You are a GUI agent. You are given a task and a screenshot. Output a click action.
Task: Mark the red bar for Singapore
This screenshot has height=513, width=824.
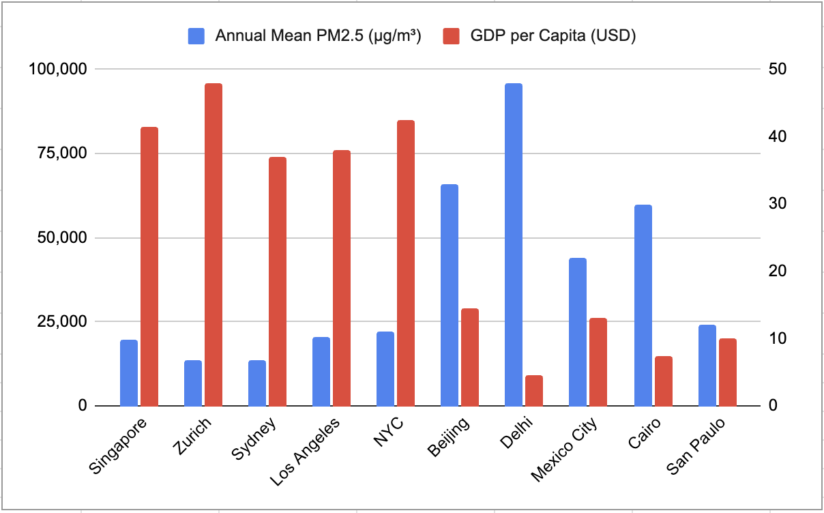tap(149, 266)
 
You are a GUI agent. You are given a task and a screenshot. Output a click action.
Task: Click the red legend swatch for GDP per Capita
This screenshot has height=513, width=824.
tap(452, 36)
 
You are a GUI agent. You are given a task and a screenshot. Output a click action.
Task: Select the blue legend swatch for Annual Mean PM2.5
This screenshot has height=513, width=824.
tap(196, 36)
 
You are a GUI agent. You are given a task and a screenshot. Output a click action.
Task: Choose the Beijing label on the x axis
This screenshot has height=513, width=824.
tap(448, 439)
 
